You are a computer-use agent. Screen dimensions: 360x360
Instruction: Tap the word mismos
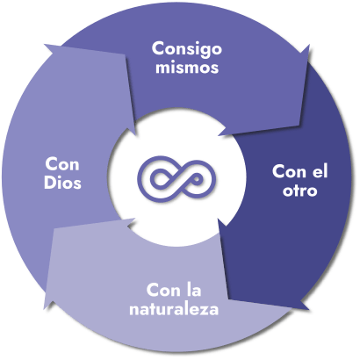(x=187, y=67)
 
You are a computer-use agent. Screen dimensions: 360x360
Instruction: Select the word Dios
(x=62, y=183)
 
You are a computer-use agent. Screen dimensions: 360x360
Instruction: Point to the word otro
(x=300, y=191)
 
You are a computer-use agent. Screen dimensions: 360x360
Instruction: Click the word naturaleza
(x=174, y=309)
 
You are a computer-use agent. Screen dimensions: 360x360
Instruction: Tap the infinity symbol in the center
(x=176, y=179)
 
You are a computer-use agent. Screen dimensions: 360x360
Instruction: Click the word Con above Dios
(x=62, y=164)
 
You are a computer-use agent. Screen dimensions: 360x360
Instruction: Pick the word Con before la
(x=163, y=291)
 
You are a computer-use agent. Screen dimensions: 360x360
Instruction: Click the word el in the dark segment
(x=320, y=171)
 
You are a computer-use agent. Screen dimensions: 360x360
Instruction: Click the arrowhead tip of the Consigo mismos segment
(x=219, y=135)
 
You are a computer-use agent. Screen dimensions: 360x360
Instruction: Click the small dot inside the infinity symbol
(x=197, y=179)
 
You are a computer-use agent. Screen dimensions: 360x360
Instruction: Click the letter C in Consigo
(x=158, y=48)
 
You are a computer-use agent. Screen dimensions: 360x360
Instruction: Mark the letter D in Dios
(x=50, y=183)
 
